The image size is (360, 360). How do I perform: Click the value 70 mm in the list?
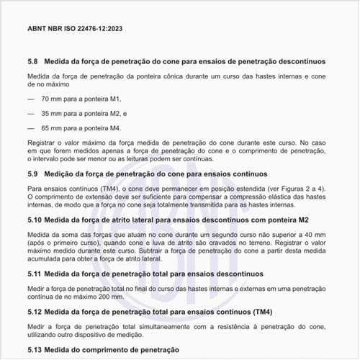pos(52,98)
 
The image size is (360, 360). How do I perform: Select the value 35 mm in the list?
pos(52,113)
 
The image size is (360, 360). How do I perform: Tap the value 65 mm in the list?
pos(52,127)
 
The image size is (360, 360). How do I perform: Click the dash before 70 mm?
pos(30,98)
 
